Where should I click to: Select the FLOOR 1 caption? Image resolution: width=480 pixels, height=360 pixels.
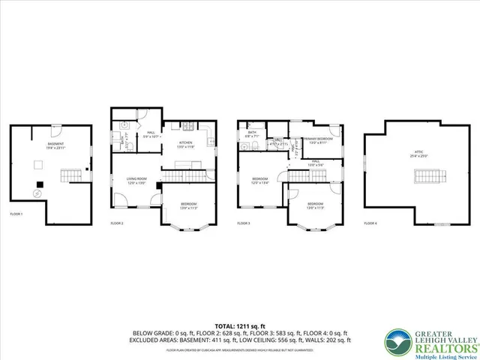[16, 214]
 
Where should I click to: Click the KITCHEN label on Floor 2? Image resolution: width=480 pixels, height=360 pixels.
[186, 144]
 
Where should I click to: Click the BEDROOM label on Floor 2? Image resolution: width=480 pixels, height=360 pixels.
[188, 205]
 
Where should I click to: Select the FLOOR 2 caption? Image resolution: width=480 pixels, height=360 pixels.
[117, 223]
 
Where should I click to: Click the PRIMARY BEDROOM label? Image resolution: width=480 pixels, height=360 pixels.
[318, 139]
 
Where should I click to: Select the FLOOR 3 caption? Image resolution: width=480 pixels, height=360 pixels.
[243, 223]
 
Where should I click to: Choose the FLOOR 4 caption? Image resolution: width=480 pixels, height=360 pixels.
[370, 223]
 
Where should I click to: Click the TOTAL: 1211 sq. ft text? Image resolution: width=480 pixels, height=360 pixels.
[239, 325]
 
